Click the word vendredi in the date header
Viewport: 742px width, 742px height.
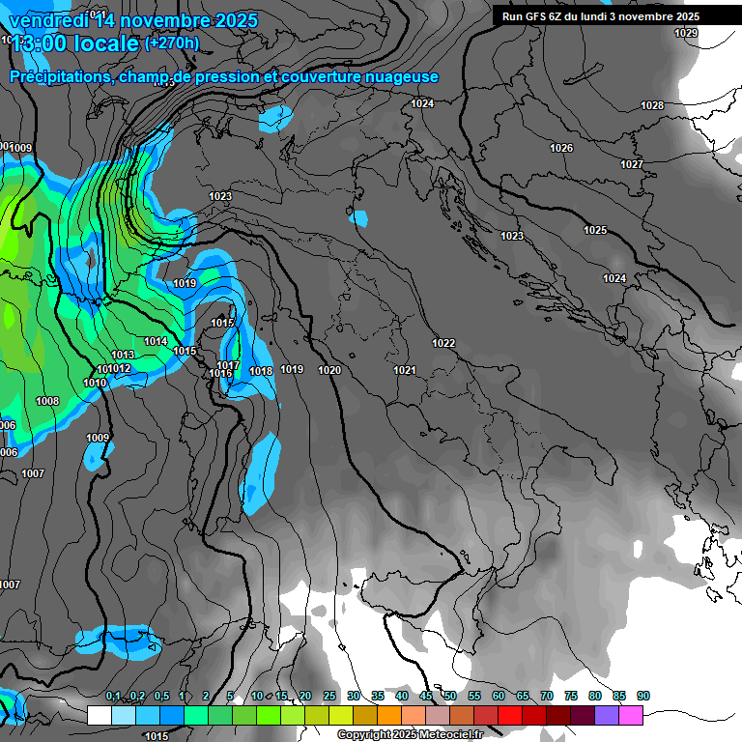[x=45, y=21]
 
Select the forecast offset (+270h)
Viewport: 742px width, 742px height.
[x=172, y=43]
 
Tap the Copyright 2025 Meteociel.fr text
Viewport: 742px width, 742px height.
[x=410, y=735]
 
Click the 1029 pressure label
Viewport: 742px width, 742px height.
[x=686, y=33]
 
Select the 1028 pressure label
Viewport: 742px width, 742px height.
[x=652, y=105]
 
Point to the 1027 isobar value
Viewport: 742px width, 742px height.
[x=631, y=164]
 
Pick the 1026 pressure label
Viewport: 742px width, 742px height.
[x=560, y=148]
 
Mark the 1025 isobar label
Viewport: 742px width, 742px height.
[x=595, y=230]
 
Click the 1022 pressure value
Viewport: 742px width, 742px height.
[x=443, y=343]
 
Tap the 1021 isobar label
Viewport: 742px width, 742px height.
[x=404, y=371]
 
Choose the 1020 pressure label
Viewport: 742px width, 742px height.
[x=329, y=370]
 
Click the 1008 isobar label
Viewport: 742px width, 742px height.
[x=47, y=401]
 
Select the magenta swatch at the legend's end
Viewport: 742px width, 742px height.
[x=631, y=715]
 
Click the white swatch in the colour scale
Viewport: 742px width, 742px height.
[x=99, y=715]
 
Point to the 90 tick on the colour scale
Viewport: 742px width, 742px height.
[x=642, y=697]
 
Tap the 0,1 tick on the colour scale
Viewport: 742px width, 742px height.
[x=113, y=697]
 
